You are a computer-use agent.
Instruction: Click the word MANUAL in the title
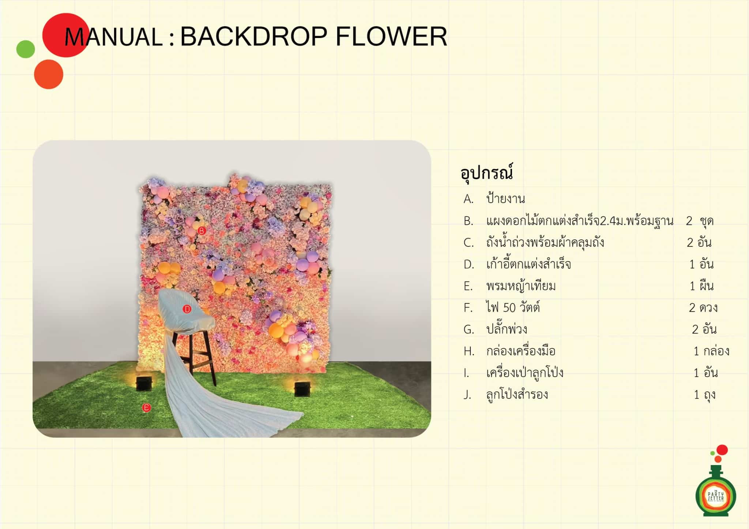click(113, 37)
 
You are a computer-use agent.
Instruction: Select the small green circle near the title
click(26, 49)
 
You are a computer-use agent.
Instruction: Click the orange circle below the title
click(49, 74)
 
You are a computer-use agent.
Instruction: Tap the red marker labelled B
click(202, 231)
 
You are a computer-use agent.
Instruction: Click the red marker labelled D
click(187, 309)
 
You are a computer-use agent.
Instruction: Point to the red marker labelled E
click(146, 408)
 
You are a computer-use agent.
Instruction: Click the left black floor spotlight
click(144, 383)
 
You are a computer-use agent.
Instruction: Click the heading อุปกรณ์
click(487, 173)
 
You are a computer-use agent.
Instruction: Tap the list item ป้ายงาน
click(505, 199)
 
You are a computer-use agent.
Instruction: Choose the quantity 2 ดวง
click(703, 308)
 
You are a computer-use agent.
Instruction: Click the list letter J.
click(467, 395)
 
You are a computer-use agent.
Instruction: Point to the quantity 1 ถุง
click(705, 395)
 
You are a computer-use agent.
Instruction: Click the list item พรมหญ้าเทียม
click(521, 286)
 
